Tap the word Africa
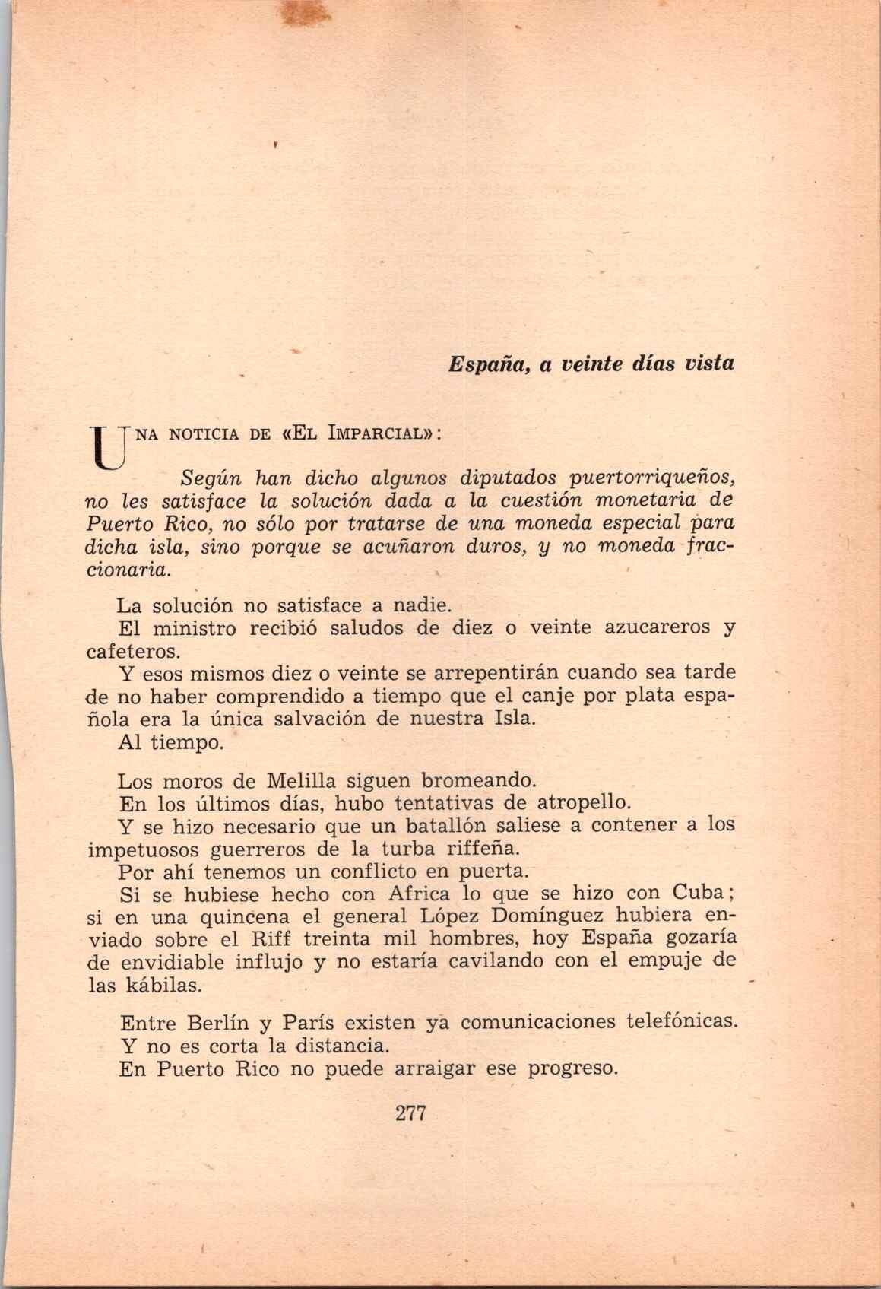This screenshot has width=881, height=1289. [417, 894]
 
